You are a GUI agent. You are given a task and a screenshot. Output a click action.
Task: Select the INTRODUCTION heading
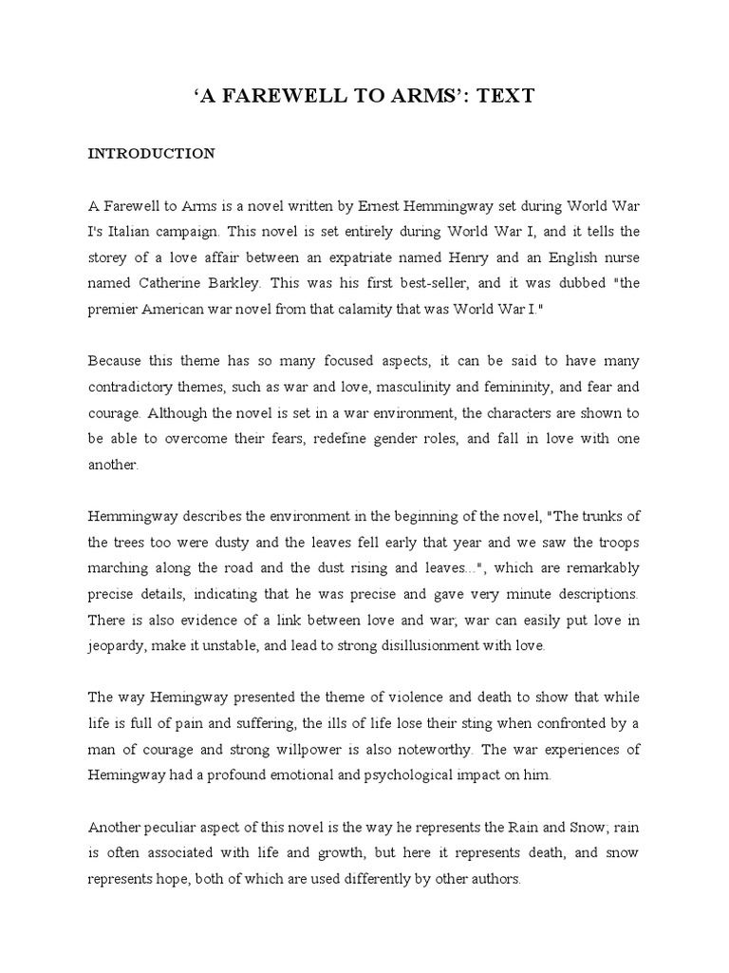(152, 152)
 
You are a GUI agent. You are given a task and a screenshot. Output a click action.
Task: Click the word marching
(119, 568)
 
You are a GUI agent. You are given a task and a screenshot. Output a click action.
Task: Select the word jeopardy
(116, 646)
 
